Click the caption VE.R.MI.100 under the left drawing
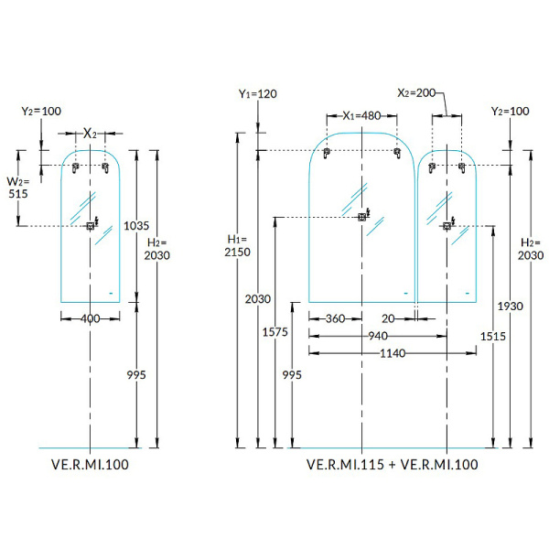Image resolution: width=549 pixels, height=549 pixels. pos(91,465)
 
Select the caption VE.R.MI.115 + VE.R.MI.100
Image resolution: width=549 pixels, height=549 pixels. pos(393,465)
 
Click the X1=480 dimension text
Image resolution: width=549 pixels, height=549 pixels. pos(361,116)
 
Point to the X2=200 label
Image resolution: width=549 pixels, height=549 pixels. pos(420,93)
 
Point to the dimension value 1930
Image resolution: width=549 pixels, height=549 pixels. pos(511,305)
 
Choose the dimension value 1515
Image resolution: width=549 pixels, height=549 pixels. pos(492,337)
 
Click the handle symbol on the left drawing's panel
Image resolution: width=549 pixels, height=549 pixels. pos(91,225)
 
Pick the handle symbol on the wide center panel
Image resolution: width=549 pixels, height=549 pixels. pos(363,217)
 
